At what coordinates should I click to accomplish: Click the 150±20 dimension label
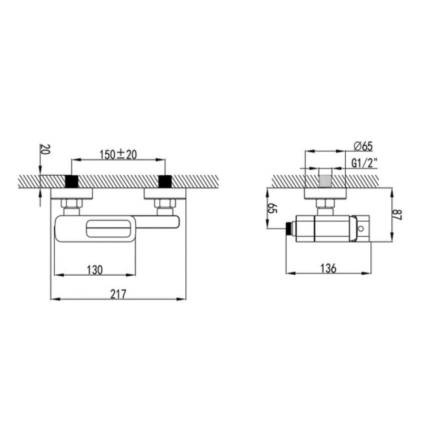pos(118,155)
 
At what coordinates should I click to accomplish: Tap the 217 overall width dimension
pos(118,294)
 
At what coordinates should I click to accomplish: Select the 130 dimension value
pos(95,270)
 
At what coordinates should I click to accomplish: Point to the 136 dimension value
pos(328,268)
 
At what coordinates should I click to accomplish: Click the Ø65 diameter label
pos(363,146)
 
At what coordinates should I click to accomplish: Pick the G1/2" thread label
pos(365,163)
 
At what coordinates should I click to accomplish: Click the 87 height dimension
pos(397,215)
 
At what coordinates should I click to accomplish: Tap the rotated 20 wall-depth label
pos(45,149)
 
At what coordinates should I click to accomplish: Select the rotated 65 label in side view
pos(272,208)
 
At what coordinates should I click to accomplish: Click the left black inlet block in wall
pos(72,181)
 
